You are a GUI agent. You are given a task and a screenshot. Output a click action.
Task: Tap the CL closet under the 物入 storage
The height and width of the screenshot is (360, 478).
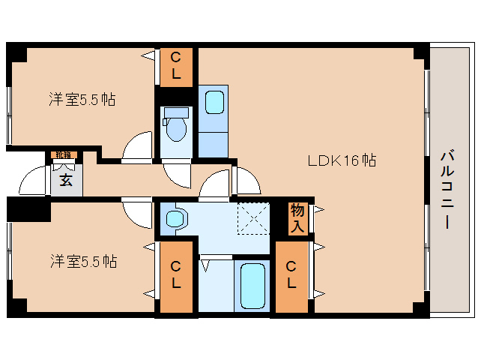coord(291,275)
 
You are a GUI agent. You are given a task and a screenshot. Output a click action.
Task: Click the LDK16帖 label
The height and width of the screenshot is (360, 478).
coord(342,160)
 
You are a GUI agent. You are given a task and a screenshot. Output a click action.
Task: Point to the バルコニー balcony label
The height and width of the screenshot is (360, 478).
coord(447,190)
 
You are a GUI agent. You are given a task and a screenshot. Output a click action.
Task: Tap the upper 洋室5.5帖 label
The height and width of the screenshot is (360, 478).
coord(82,99)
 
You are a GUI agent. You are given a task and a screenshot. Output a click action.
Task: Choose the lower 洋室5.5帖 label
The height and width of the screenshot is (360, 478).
coord(83,262)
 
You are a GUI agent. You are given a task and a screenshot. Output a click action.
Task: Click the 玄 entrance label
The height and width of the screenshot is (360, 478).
coord(66,181)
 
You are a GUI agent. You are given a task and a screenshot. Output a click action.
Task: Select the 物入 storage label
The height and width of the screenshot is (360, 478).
coord(297,217)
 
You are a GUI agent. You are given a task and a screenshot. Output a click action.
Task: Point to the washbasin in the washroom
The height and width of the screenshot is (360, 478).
coord(175,219)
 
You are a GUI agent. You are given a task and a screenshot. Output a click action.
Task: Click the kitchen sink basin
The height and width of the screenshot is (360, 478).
coord(215,101)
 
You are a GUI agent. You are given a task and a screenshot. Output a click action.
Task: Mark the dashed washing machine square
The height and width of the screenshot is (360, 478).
coord(253,218)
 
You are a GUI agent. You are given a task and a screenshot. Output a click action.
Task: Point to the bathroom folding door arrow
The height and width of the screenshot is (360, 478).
coord(205,264)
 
